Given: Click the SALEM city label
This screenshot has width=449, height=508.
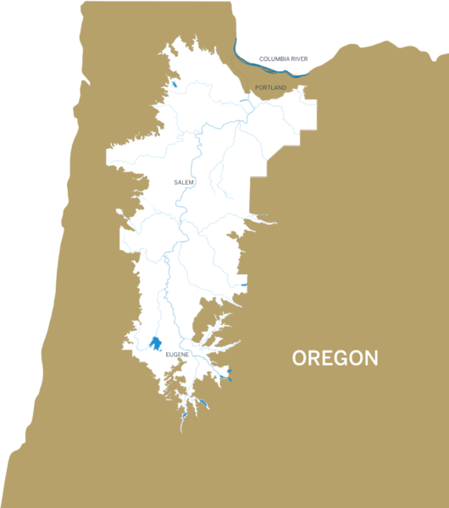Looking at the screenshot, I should click(x=184, y=182).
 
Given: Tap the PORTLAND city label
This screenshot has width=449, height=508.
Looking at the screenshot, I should click(x=270, y=87).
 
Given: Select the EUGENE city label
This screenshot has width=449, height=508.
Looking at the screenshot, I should click(x=177, y=353).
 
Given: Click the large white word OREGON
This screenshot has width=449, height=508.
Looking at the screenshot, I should click(x=335, y=358).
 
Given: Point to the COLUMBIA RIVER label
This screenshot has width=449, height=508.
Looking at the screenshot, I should click(x=283, y=58).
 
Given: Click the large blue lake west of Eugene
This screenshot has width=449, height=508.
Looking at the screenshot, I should click(x=155, y=344).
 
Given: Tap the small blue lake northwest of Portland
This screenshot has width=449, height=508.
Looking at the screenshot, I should click(x=173, y=84).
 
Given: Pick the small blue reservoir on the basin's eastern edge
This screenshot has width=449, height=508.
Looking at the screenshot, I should click(x=243, y=285).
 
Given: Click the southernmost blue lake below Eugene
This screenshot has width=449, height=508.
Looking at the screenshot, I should click(x=184, y=417).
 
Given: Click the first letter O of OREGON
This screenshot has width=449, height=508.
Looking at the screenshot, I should click(x=300, y=358).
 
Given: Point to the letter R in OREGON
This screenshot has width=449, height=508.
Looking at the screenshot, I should click(x=315, y=358).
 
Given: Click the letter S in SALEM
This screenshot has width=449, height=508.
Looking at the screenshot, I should click(x=175, y=182).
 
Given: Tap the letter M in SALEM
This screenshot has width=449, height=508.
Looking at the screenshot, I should click(x=192, y=182).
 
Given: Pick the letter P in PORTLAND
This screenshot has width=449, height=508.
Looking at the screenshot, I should click(x=256, y=87).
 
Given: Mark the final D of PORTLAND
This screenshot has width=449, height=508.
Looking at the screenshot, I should click(x=285, y=87).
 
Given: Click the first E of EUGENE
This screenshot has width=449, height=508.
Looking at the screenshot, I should click(x=168, y=353).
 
